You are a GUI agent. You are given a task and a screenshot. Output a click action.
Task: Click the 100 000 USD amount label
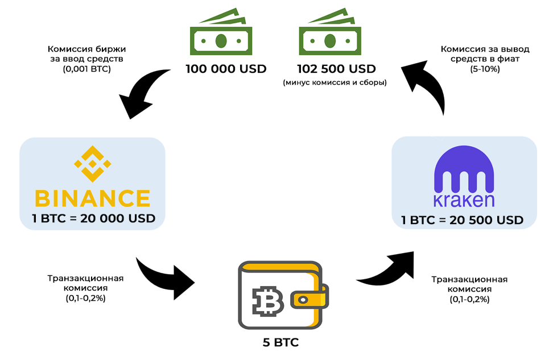tap(226, 69)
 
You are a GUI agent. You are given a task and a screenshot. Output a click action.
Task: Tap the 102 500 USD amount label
tap(336, 69)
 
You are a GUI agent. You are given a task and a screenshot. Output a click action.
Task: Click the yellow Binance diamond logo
tap(92, 165)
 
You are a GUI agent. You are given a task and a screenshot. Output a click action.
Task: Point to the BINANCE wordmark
tap(92, 198)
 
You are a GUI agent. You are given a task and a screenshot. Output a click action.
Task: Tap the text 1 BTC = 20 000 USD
tap(93, 218)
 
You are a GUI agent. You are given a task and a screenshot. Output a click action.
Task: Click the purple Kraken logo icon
tap(464, 171)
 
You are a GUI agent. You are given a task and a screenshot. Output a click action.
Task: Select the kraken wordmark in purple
tap(464, 200)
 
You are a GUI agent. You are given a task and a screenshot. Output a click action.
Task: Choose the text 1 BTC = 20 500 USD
tap(464, 220)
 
